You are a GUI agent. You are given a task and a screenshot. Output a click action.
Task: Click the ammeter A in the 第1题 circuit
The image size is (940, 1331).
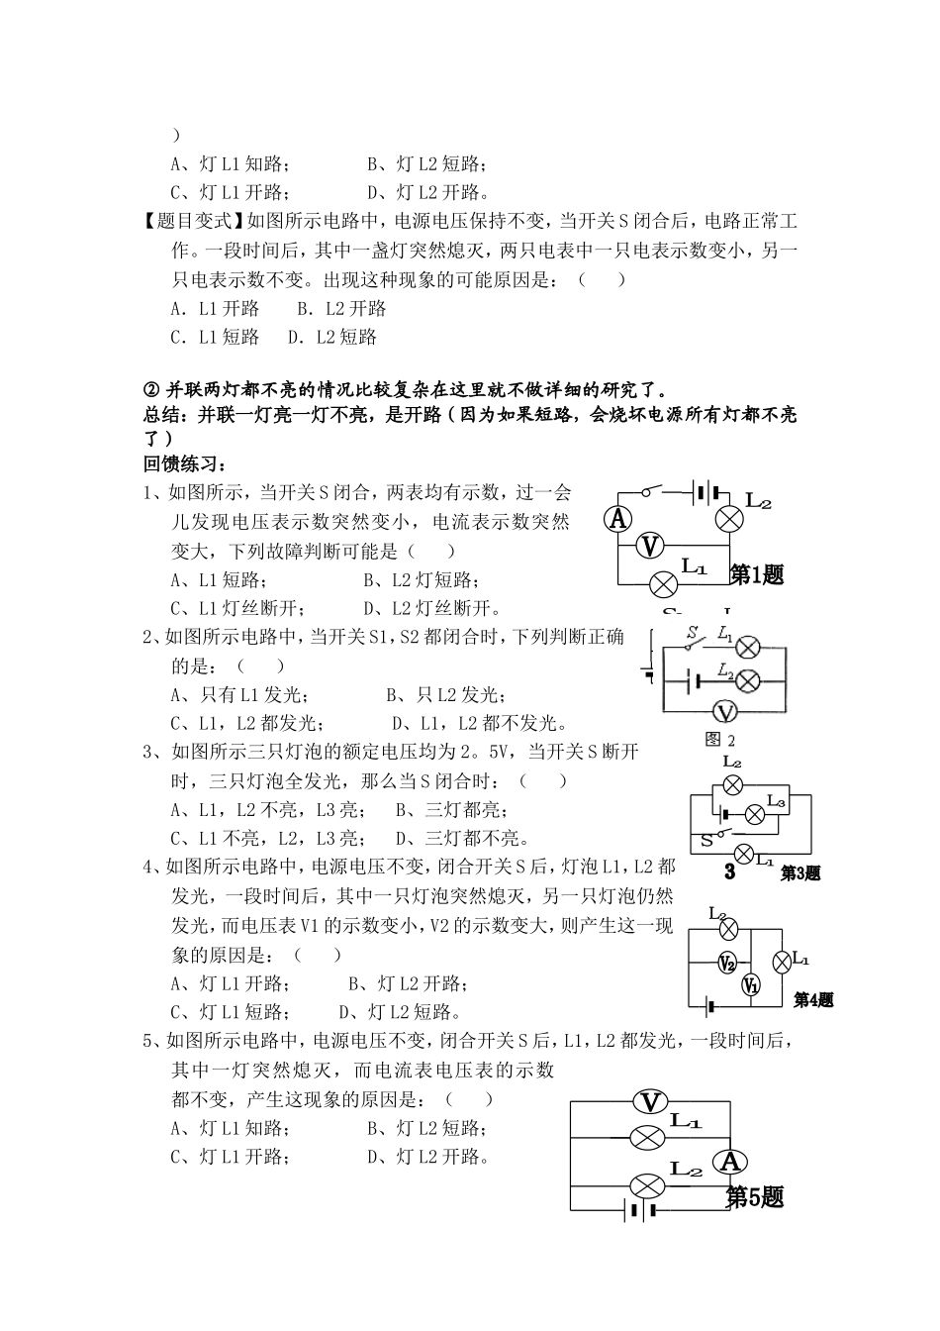[x=618, y=518]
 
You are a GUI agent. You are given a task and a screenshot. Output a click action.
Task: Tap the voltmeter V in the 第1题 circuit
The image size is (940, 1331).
[x=649, y=545]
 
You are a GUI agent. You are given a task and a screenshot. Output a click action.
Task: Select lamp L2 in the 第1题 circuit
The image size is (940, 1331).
[x=730, y=518]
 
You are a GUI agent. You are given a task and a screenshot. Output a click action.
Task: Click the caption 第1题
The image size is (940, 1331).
[x=757, y=574]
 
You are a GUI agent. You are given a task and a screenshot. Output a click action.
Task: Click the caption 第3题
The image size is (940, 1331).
[x=800, y=872]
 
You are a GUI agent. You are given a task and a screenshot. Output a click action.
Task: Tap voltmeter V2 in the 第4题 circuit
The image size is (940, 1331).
[x=727, y=963]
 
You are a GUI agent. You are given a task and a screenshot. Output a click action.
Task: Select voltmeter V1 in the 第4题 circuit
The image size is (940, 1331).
[x=751, y=984]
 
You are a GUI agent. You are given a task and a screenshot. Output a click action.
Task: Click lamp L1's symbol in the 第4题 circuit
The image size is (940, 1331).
[x=781, y=960]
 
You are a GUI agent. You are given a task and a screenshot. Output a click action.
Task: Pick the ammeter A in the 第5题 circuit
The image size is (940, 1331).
[x=731, y=1162]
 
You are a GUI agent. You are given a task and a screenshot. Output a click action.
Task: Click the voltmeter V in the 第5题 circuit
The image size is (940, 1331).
[x=650, y=1102]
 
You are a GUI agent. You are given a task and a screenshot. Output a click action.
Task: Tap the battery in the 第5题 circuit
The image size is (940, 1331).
[x=637, y=1208]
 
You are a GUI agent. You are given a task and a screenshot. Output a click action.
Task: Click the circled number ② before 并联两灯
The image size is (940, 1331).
[x=152, y=388]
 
